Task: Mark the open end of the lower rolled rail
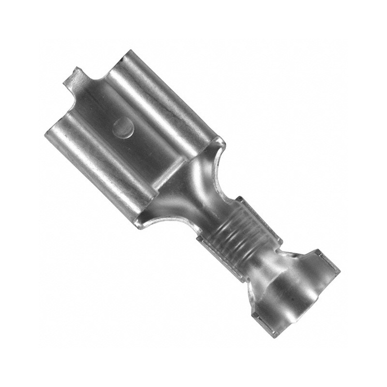pyautogui.click(x=53, y=133)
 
